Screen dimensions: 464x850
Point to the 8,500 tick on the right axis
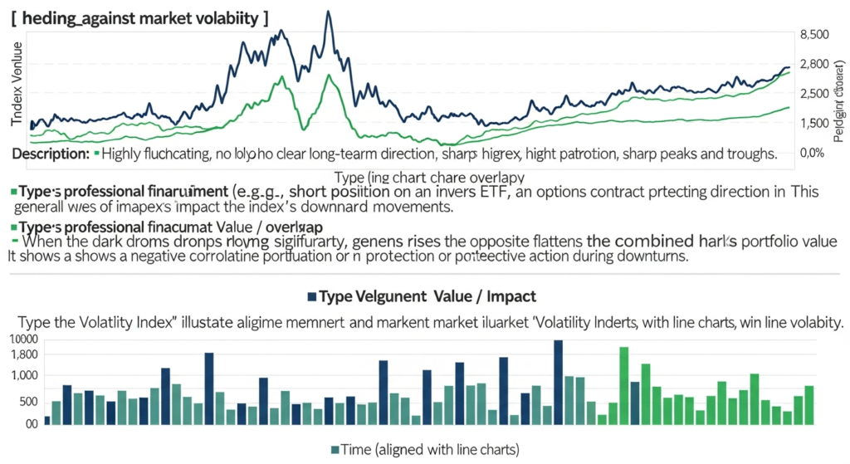click(813, 35)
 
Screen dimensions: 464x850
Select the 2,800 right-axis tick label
click(813, 65)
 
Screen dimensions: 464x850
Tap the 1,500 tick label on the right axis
click(813, 124)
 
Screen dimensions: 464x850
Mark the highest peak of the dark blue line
click(330, 13)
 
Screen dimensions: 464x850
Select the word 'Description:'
click(51, 154)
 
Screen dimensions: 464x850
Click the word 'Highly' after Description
click(124, 154)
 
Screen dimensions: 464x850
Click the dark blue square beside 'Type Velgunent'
click(312, 296)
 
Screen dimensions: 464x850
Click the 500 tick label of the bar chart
click(27, 403)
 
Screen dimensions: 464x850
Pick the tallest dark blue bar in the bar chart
click(558, 382)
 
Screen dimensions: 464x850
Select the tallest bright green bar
click(623, 385)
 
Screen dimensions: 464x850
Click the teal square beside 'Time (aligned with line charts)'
click(335, 449)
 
